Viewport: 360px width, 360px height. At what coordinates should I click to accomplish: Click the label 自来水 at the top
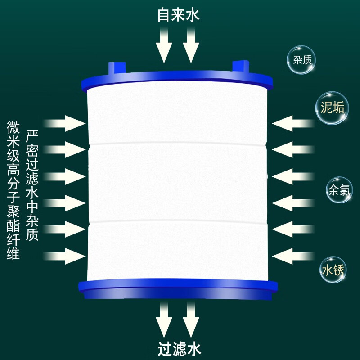pyautogui.click(x=178, y=15)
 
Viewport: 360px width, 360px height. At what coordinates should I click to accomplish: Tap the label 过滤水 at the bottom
pyautogui.click(x=179, y=348)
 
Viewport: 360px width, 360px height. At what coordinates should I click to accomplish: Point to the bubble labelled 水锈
pyautogui.click(x=333, y=270)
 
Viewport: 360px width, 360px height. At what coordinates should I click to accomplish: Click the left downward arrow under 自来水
pyautogui.click(x=164, y=45)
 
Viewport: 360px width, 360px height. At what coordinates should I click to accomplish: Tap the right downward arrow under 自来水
pyautogui.click(x=191, y=45)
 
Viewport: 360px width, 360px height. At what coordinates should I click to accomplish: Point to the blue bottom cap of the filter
pyautogui.click(x=178, y=290)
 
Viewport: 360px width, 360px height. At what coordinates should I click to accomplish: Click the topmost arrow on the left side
pyautogui.click(x=66, y=123)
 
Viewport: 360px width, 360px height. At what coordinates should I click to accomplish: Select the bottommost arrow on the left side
pyautogui.click(x=66, y=256)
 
